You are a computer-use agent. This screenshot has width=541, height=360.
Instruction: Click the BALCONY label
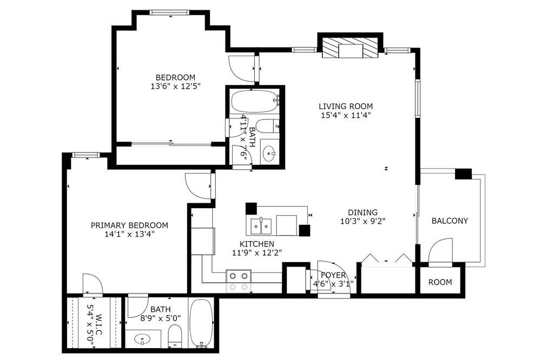tap(450, 221)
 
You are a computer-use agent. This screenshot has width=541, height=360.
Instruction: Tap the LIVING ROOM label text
tap(345, 106)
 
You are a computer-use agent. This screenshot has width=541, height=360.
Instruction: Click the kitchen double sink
tap(261, 226)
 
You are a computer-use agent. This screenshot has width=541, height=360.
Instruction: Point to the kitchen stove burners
tap(239, 276)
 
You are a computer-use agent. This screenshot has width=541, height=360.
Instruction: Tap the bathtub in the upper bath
tap(255, 101)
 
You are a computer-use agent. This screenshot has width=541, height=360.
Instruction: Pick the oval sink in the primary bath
tap(143, 339)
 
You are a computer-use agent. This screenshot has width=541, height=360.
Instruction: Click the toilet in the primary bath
tap(175, 336)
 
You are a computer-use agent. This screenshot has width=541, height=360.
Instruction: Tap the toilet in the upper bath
tap(268, 126)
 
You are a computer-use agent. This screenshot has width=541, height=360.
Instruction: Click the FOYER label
tap(333, 275)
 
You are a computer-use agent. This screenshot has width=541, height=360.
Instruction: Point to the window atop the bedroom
tap(169, 12)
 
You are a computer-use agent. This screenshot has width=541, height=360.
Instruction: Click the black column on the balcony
tap(464, 174)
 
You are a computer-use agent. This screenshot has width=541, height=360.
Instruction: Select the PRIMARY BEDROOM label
tap(129, 225)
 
